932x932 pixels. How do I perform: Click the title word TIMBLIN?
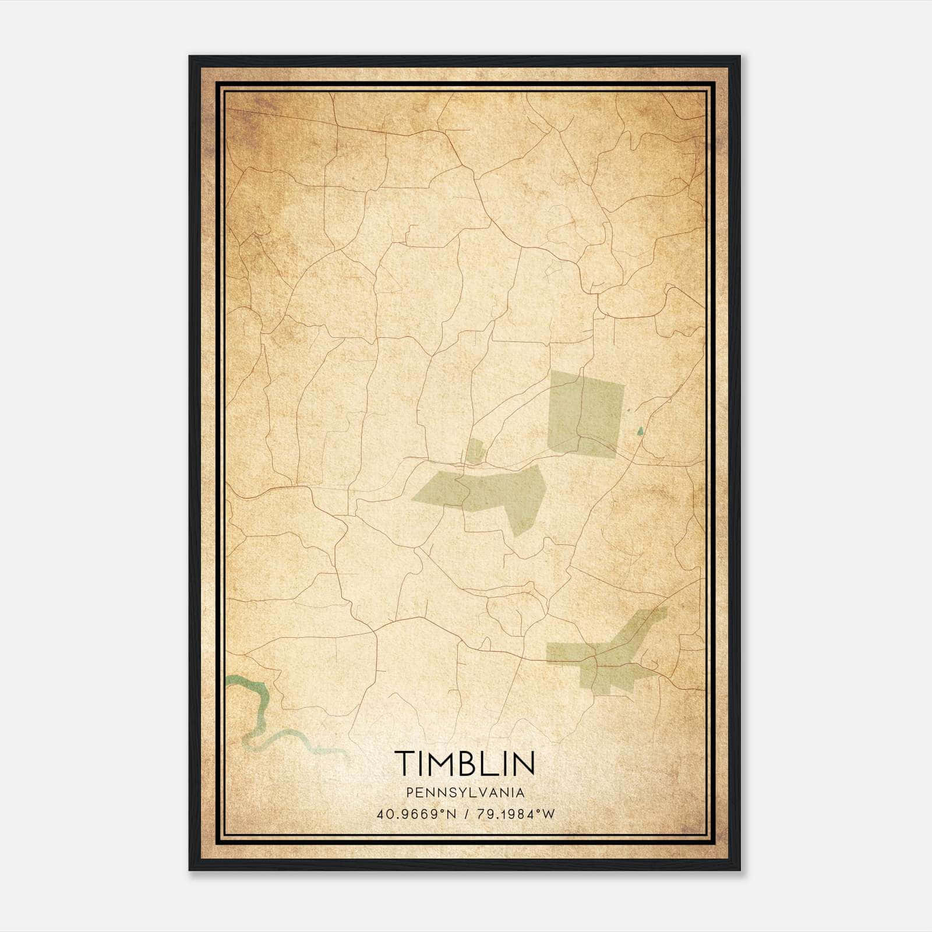click(x=465, y=763)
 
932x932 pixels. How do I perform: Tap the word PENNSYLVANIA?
click(x=465, y=793)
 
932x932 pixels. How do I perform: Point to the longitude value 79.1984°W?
click(x=514, y=814)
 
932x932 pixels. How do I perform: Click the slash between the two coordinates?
click(x=466, y=814)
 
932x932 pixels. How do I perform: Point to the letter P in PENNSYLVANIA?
click(x=411, y=793)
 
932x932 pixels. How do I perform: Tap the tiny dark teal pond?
click(x=640, y=431)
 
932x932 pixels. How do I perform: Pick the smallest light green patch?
click(x=476, y=451)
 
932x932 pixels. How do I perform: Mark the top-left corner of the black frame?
click(x=190, y=57)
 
